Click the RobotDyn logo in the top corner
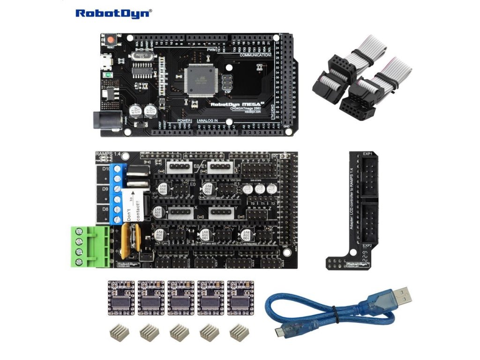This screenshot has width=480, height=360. point(113,13)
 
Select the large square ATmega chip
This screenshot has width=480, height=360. point(202,80)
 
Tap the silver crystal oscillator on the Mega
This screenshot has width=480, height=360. point(142,56)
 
